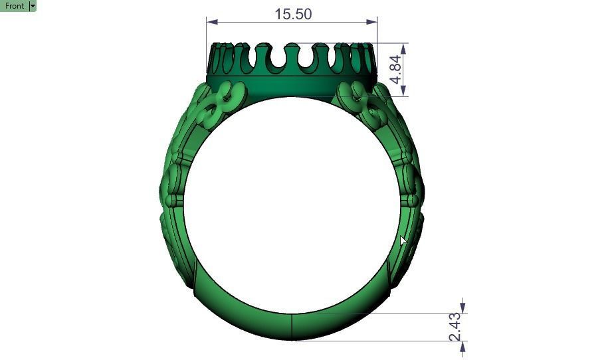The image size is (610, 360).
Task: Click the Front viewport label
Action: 14,5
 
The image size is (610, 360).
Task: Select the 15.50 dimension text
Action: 292,14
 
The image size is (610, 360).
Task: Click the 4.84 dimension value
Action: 395,69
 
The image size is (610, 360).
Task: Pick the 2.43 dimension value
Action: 455,327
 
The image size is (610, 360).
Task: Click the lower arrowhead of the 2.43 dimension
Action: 463,345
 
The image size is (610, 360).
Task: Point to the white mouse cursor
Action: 403,240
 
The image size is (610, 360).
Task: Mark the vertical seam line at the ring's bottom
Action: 292,326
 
